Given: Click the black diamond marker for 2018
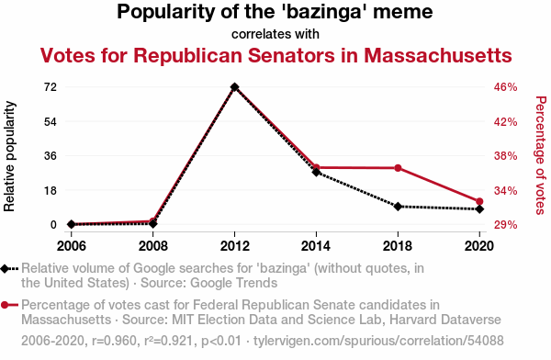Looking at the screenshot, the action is [398, 207].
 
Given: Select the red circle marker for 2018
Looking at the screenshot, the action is [398, 168].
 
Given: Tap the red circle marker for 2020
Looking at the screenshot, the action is [479, 201].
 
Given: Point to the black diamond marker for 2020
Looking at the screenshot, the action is [479, 209].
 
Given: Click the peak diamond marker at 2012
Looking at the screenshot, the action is [235, 87].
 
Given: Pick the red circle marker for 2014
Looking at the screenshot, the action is [316, 167].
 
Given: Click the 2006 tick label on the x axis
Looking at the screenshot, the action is [72, 246].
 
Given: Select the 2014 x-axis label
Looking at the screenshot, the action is [316, 246].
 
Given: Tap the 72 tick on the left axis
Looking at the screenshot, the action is [51, 87].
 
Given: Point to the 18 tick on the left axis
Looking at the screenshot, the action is [51, 190].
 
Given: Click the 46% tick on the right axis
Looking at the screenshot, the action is [506, 87].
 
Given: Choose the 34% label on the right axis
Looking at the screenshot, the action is [506, 190].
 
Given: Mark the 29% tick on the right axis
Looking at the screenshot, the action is [506, 225].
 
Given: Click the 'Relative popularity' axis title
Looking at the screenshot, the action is [9, 156].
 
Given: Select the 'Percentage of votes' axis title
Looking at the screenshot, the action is [541, 155].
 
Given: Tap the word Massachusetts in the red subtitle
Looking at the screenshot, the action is [438, 55].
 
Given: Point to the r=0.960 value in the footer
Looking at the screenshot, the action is [114, 341].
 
